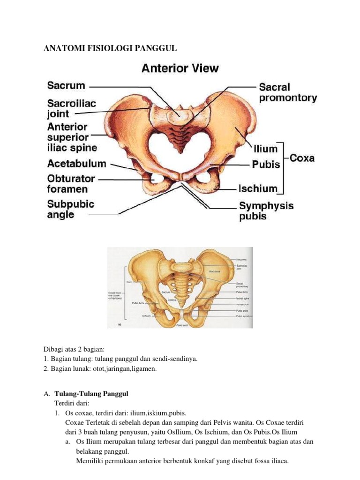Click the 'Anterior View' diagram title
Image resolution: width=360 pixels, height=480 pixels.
(x=180, y=68)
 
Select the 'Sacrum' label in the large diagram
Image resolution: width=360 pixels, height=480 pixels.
(x=66, y=85)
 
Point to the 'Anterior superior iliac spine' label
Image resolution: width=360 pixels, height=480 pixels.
(x=72, y=137)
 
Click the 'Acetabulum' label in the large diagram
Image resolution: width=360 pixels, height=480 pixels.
(x=76, y=164)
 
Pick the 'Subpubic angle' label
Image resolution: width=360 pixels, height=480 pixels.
(x=70, y=209)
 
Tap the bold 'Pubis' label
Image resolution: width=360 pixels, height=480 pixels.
(x=266, y=165)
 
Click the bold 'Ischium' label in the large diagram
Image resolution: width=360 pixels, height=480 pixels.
(x=258, y=188)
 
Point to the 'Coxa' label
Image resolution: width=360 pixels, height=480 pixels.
(x=302, y=158)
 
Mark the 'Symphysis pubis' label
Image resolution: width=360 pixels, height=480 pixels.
(x=266, y=210)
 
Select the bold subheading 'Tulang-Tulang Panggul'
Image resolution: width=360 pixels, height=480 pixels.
(x=91, y=393)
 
